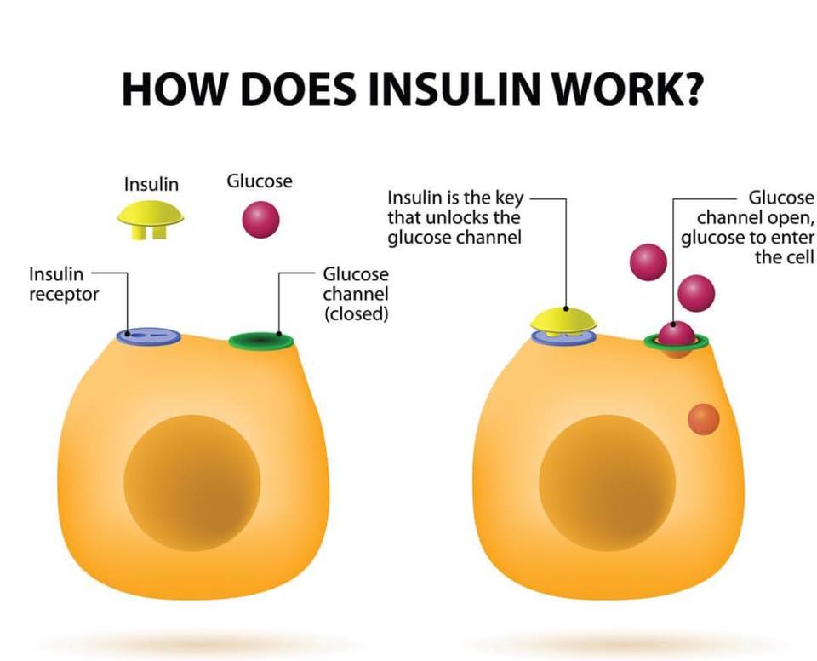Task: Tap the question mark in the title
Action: point(687,89)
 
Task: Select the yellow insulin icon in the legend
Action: point(151,216)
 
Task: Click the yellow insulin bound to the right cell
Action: point(563,320)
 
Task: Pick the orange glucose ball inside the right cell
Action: point(703,419)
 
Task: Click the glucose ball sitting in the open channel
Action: point(677,334)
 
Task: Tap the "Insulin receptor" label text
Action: point(64,285)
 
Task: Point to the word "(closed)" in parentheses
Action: point(356,313)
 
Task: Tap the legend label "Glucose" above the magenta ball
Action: point(259,181)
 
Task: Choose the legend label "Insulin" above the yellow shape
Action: point(151,184)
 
